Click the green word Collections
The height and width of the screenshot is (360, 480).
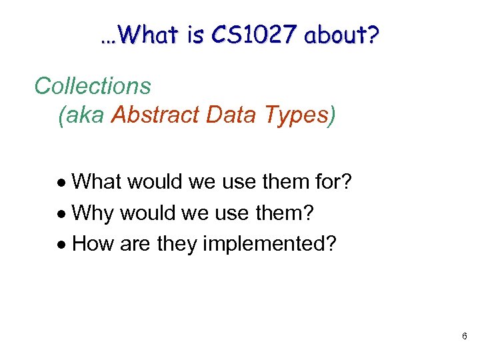click(93, 86)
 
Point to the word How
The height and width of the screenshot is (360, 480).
click(93, 244)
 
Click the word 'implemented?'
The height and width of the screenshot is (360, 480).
click(269, 244)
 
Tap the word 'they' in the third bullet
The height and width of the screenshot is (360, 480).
click(175, 244)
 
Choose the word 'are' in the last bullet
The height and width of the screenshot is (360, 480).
click(135, 244)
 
